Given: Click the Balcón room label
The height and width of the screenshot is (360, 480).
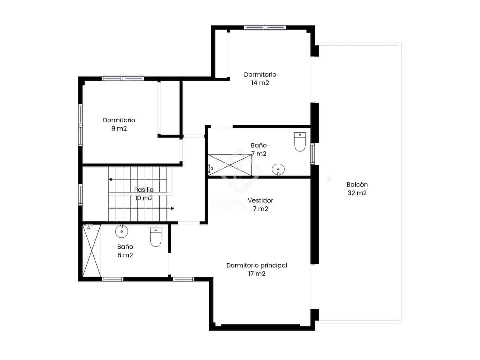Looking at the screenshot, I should coord(357,185).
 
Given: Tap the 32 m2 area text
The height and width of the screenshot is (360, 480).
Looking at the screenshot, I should coord(357,193).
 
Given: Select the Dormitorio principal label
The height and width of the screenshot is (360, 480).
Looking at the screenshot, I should coord(257,265).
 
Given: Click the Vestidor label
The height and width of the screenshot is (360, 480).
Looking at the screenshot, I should coord(260,200).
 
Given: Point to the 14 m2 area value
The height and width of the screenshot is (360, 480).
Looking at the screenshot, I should coord(260,83).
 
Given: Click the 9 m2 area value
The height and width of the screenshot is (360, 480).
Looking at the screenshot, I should coord(119,129).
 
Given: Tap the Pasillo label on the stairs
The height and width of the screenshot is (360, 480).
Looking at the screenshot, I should coord(144,190).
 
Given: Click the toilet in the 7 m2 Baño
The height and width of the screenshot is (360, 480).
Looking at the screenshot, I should coord(300,142).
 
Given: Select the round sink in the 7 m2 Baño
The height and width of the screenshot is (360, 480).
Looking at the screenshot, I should coord(278,169).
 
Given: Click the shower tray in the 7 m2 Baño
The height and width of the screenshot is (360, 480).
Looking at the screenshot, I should coord(230,165).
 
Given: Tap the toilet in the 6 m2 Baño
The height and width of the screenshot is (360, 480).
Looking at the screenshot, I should coord(155,237).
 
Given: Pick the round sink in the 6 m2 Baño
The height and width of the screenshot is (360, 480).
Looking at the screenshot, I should coord(121,231).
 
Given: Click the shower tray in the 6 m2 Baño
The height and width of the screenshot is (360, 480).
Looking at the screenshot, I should coord(92,250).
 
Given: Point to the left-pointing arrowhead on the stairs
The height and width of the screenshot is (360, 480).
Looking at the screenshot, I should coord(110,179).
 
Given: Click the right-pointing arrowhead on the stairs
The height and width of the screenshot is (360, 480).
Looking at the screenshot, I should coord(172,208).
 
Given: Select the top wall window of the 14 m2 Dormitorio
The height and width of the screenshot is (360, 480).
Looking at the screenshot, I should coord(265,28).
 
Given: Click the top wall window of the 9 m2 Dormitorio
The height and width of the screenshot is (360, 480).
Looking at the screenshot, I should coord(123,79).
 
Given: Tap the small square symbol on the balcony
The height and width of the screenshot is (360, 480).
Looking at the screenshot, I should coord(329,179).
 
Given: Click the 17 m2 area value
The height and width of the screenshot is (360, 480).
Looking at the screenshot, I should coord(257,274).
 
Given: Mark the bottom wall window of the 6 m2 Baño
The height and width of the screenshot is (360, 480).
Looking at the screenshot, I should coord(112,279).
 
